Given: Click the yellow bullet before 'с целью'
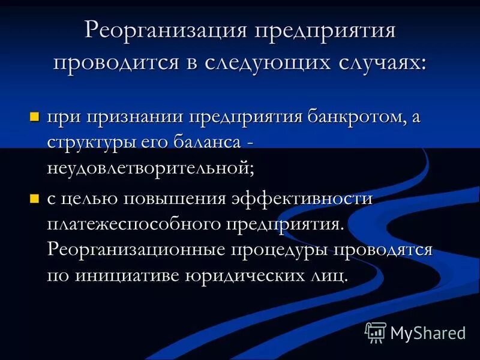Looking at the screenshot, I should click(35, 197).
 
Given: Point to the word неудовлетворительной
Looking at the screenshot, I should click(151, 168).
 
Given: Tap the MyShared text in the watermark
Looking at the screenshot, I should click(427, 332).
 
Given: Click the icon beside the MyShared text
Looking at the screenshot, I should click(375, 332).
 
